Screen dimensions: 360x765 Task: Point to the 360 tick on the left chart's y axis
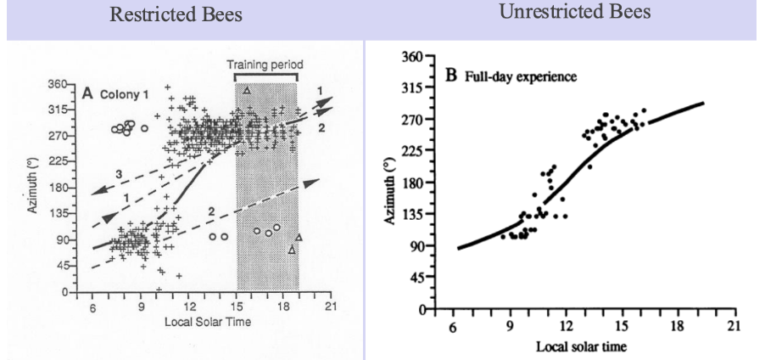click(x=55, y=85)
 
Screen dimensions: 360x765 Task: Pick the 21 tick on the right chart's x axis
click(x=734, y=327)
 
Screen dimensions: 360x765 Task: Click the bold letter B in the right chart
click(x=452, y=76)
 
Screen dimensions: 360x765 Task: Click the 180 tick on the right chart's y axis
click(x=417, y=183)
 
